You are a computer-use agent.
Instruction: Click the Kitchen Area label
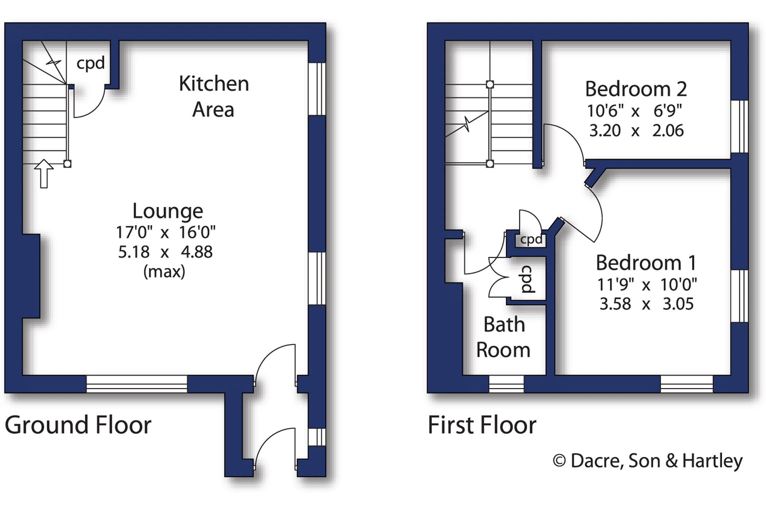click(214, 96)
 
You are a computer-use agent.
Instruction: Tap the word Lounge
click(168, 211)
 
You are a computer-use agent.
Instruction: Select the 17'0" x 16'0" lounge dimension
click(165, 232)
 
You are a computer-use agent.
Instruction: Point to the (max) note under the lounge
click(164, 271)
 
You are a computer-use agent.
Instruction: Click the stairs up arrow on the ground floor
click(44, 173)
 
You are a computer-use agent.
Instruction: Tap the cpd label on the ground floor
click(90, 63)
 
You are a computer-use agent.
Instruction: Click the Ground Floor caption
click(78, 425)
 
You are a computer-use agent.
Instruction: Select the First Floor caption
click(482, 425)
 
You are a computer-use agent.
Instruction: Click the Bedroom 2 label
click(636, 89)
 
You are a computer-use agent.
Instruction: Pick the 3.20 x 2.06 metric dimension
click(636, 131)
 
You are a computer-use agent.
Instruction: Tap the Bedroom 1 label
click(646, 263)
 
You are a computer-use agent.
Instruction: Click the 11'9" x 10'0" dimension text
click(647, 285)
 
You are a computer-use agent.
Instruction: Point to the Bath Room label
click(504, 337)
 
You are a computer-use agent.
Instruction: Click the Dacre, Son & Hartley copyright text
click(647, 461)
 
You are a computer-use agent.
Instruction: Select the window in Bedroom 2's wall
click(740, 127)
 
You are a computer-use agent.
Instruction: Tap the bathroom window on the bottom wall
click(506, 384)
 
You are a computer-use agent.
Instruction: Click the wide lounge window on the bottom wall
click(137, 384)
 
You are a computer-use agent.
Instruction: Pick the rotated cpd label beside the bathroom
click(527, 279)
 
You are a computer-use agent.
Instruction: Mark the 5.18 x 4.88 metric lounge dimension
click(165, 252)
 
